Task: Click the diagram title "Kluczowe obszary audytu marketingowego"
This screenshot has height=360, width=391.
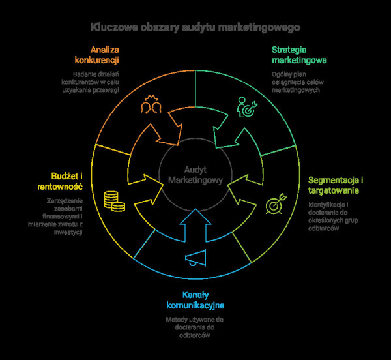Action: click(x=195, y=28)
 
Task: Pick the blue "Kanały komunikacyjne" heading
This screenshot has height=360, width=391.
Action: click(x=195, y=300)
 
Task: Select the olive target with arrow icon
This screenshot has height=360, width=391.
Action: click(x=276, y=203)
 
